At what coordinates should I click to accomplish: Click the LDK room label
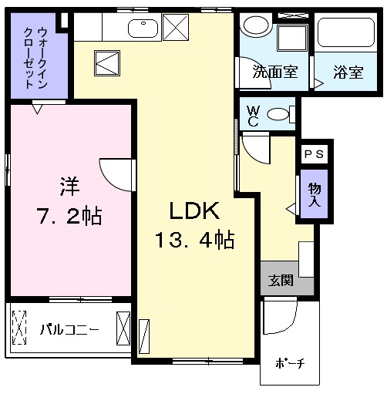pos(194,210)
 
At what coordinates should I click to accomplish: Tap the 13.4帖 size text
pos(194,240)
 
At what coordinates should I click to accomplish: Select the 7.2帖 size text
pos(69,215)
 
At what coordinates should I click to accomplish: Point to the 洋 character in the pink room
pos(69,187)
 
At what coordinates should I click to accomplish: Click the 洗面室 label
pos(275,72)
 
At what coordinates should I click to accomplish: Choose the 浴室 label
pos(348,72)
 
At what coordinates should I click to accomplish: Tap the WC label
pos(253,116)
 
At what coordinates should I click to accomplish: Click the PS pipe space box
pos(314,154)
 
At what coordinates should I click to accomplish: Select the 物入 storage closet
pos(315,194)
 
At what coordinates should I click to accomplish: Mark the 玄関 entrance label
pos(281,280)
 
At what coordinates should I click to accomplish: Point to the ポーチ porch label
pos(290,363)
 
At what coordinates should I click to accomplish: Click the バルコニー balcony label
pos(69,329)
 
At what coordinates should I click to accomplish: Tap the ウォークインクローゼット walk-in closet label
pos(35,58)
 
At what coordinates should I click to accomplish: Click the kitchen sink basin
pos(143,29)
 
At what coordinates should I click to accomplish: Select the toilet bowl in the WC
pos(278,114)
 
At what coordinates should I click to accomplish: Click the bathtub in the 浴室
pos(346,32)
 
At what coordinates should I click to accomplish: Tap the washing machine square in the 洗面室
pos(292,38)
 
